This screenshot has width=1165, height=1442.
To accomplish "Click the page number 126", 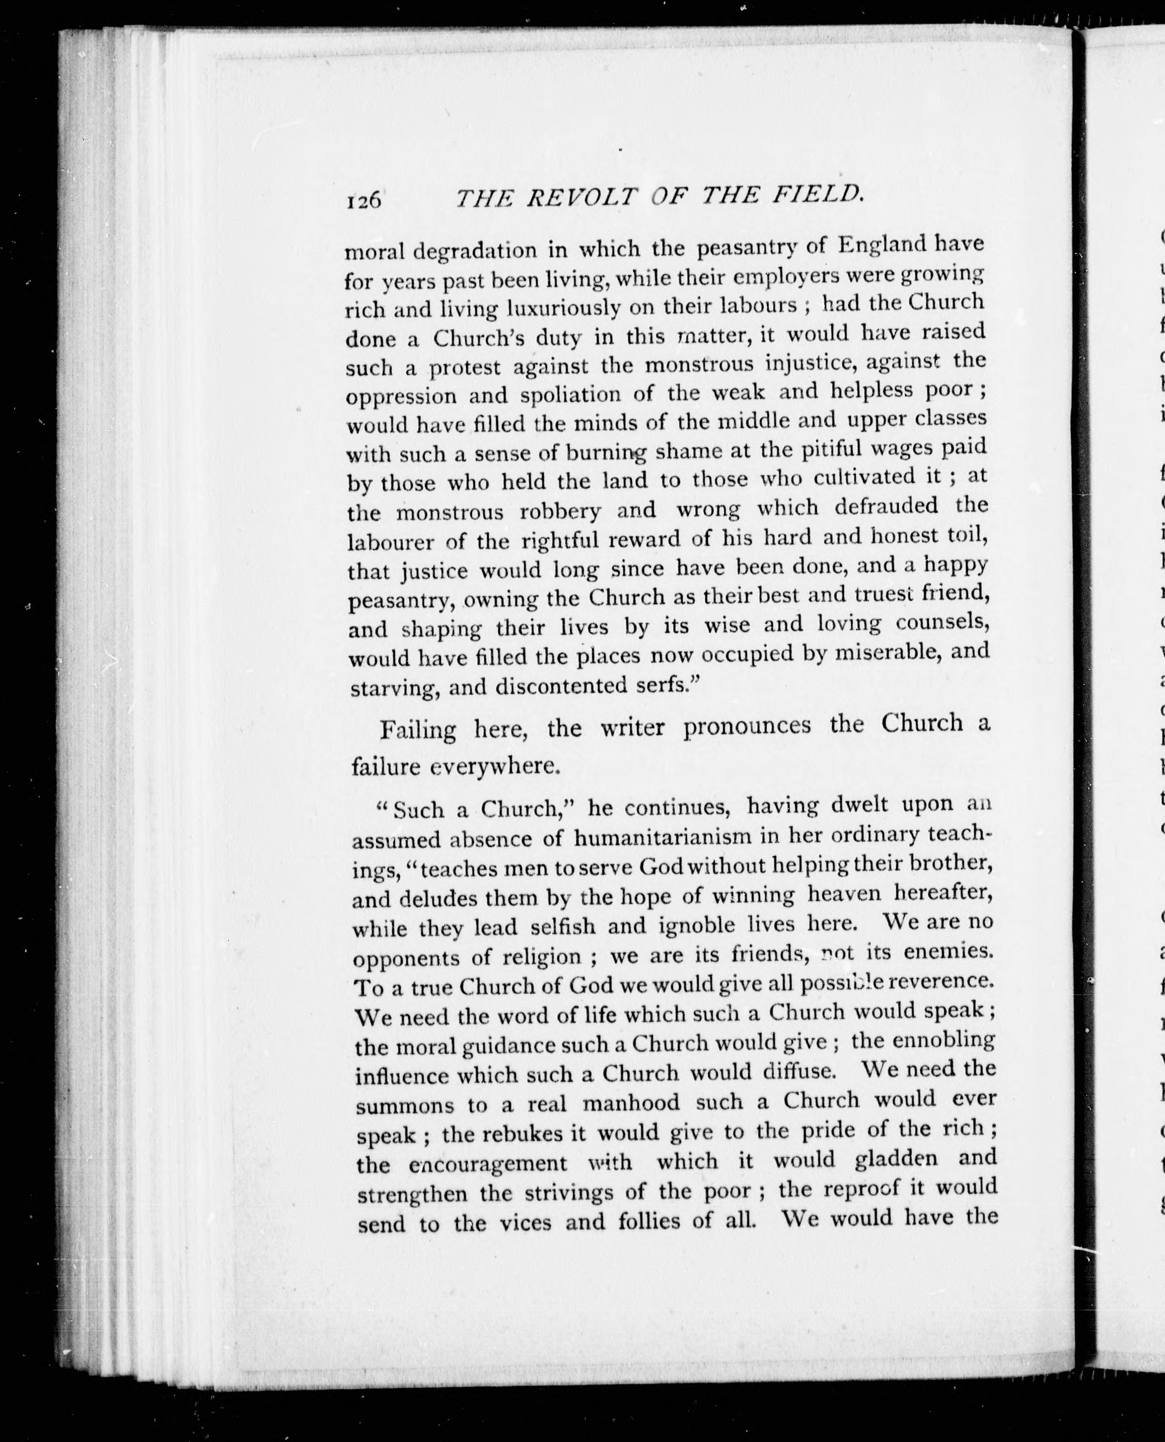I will click(x=364, y=200).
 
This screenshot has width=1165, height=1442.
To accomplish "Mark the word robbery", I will click(x=559, y=511).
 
